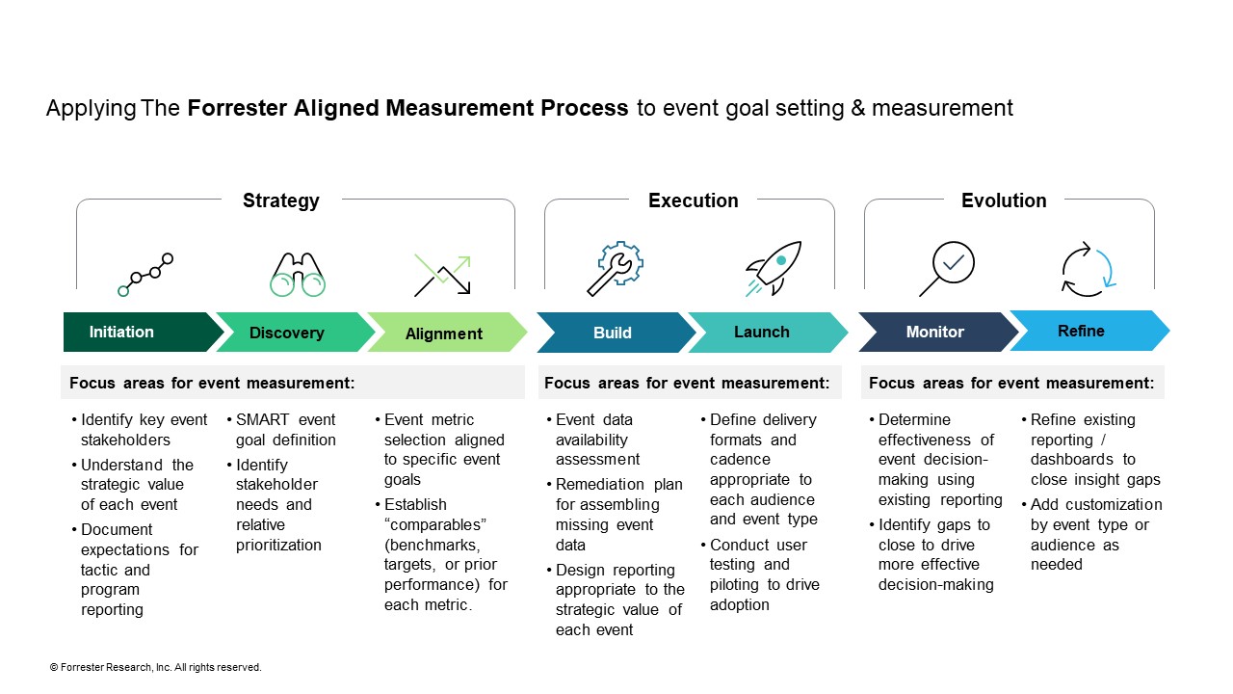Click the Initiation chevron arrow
(x=135, y=333)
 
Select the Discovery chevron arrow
(x=287, y=333)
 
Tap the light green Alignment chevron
(x=443, y=334)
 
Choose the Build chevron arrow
(x=613, y=333)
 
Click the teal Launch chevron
(x=761, y=332)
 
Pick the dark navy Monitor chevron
(x=934, y=332)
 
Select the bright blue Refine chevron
(x=1081, y=331)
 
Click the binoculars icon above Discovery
(x=298, y=274)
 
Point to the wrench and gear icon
(x=615, y=268)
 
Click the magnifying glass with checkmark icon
(x=947, y=268)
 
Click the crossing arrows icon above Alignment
(x=442, y=275)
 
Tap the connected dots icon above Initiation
(x=145, y=275)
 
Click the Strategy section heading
(x=280, y=200)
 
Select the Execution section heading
(x=693, y=200)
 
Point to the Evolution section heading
(x=1004, y=200)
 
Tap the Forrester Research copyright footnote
(x=155, y=667)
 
